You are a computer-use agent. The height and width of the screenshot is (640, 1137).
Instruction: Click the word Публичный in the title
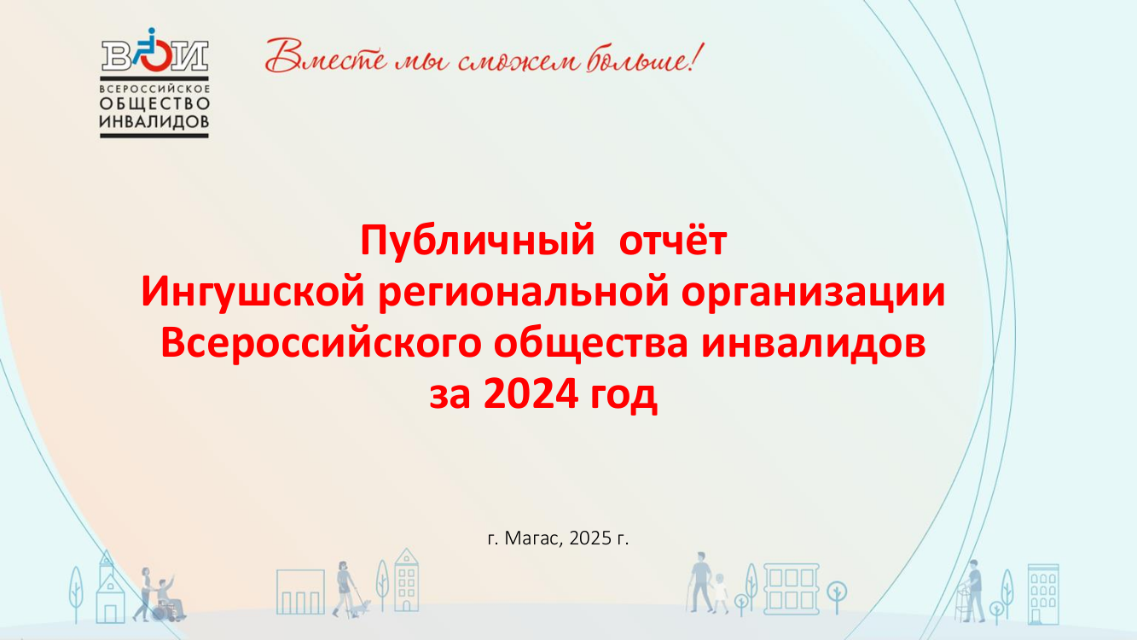[477, 241]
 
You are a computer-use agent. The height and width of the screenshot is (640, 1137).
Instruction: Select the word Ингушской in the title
[252, 294]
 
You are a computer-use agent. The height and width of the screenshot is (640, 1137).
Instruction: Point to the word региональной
[524, 294]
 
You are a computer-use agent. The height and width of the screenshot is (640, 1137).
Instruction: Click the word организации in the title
[813, 294]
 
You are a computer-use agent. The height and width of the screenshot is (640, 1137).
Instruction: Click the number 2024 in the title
[531, 394]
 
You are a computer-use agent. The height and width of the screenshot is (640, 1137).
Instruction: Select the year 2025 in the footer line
[590, 538]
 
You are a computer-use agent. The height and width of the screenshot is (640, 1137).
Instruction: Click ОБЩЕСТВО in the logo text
[154, 103]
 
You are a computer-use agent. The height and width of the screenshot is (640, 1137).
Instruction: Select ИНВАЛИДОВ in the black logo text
[154, 121]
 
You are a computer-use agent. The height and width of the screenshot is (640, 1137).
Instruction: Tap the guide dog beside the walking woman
[362, 607]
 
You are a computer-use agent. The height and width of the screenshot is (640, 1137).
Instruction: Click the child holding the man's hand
[720, 593]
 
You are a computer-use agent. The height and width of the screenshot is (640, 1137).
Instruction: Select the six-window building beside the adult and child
[792, 589]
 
